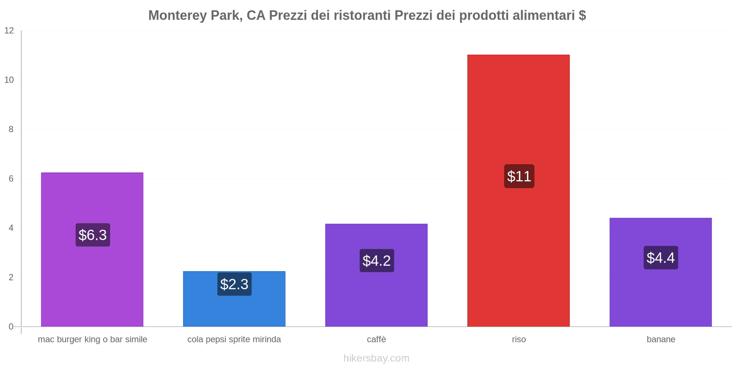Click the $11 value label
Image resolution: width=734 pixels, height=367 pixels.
pos(519,176)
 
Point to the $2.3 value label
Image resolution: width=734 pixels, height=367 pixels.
pos(234,284)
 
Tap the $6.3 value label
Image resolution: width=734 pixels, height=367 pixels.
pos(93,235)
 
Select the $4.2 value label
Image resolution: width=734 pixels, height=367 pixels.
pos(377,261)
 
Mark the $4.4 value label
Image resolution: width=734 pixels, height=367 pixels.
pos(661,258)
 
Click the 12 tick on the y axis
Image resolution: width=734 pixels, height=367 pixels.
pos(9,31)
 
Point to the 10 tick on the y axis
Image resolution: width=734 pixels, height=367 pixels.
pos(9,80)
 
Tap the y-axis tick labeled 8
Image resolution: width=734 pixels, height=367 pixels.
pos(11,129)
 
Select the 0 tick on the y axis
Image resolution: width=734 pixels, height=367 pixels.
pos(11,327)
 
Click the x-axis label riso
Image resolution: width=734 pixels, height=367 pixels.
pos(519,339)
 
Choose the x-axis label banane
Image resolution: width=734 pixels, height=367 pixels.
pos(661,339)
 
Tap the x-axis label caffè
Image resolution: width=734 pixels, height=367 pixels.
pos(376,339)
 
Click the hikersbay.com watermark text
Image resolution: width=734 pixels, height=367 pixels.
pos(376,358)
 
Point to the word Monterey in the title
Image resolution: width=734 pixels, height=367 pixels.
pos(177,16)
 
